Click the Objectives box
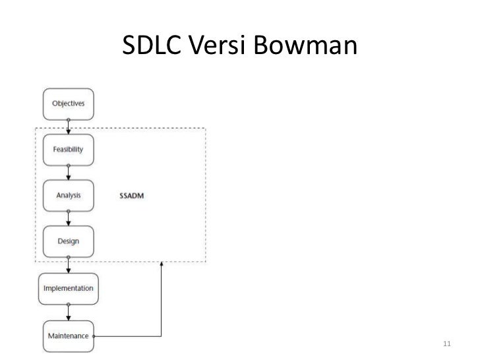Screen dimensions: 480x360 click(x=69, y=104)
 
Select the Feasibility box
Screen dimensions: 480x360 click(x=69, y=150)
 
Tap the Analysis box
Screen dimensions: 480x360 click(x=69, y=196)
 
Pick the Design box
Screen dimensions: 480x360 click(x=69, y=241)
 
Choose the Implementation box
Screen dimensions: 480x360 click(x=69, y=289)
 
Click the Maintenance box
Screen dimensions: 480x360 click(x=69, y=336)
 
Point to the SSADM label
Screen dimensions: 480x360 click(x=132, y=196)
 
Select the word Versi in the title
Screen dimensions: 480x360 click(x=217, y=45)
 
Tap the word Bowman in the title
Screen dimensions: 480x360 click(x=305, y=45)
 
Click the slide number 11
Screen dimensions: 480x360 click(x=447, y=344)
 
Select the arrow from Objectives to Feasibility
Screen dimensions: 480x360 click(x=69, y=127)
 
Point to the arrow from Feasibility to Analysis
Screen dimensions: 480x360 click(x=69, y=173)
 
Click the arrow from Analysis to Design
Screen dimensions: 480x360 click(x=69, y=219)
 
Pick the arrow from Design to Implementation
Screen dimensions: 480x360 click(x=69, y=265)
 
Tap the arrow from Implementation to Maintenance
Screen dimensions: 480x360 click(x=69, y=313)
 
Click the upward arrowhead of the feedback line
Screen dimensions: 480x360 click(x=162, y=264)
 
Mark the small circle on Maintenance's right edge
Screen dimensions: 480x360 click(x=94, y=336)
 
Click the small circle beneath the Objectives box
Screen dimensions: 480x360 click(x=69, y=120)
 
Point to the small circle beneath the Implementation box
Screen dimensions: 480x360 click(x=69, y=305)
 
